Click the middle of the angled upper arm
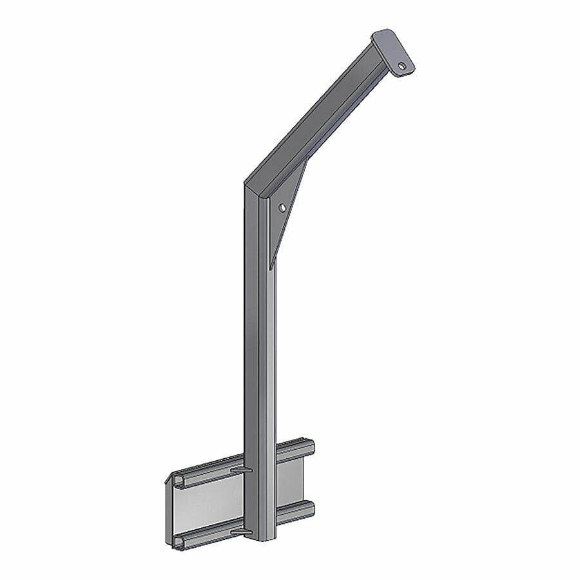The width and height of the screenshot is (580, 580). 316,119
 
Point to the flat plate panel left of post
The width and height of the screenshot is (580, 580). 206,509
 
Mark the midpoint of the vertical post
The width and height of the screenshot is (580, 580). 261,361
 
